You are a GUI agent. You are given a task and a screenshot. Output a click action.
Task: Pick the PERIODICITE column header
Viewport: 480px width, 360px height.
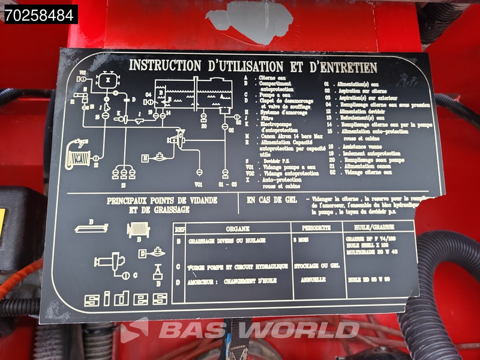[316, 229]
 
